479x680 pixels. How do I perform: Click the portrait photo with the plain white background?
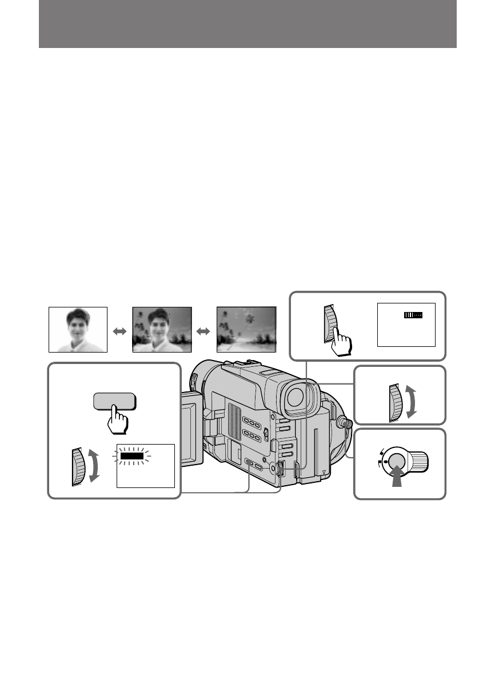coord(78,330)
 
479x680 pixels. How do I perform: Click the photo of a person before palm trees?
coord(162,330)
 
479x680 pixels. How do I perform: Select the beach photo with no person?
coord(246,330)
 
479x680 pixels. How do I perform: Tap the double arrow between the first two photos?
coord(120,331)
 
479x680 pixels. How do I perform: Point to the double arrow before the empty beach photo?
coord(205,331)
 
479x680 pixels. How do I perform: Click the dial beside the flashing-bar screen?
coord(79,466)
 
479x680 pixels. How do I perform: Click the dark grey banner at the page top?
coord(248,24)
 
